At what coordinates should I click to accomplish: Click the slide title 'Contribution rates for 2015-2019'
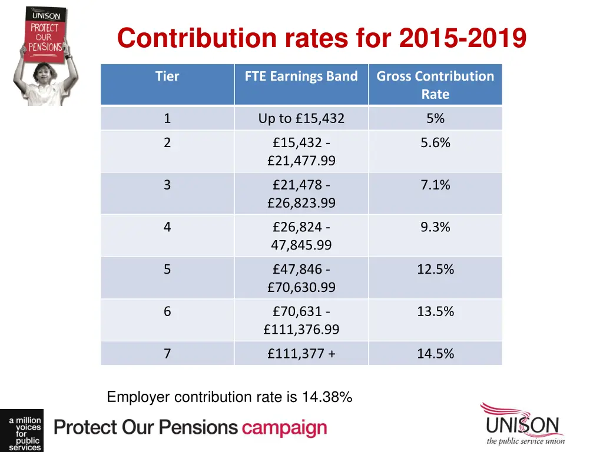pyautogui.click(x=322, y=39)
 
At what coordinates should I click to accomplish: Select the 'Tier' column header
pyautogui.click(x=167, y=77)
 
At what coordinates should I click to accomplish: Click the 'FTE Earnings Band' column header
pyautogui.click(x=301, y=77)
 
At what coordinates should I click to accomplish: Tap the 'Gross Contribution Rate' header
pyautogui.click(x=435, y=85)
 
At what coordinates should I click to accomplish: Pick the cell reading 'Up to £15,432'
pyautogui.click(x=301, y=118)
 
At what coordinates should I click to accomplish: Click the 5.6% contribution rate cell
pyautogui.click(x=435, y=143)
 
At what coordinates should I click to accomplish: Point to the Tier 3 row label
pyautogui.click(x=167, y=185)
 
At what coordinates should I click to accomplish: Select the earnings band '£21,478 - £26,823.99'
pyautogui.click(x=301, y=194)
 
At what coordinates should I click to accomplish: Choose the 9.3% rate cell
pyautogui.click(x=435, y=227)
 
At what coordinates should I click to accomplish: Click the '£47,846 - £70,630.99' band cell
pyautogui.click(x=301, y=278)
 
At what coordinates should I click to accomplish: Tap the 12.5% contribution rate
pyautogui.click(x=435, y=270)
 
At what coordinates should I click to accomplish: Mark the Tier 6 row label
pyautogui.click(x=167, y=311)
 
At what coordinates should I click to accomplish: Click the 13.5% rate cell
pyautogui.click(x=435, y=311)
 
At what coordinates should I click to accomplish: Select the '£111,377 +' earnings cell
pyautogui.click(x=301, y=354)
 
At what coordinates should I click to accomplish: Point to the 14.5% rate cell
pyautogui.click(x=435, y=354)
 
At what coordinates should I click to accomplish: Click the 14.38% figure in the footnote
pyautogui.click(x=327, y=398)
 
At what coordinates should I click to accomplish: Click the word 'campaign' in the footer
pyautogui.click(x=284, y=428)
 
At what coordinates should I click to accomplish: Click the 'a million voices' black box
pyautogui.click(x=21, y=431)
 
